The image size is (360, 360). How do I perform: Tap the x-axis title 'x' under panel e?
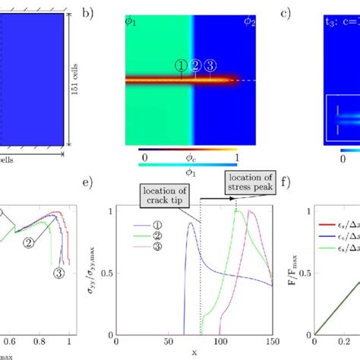pyautogui.click(x=194, y=352)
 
